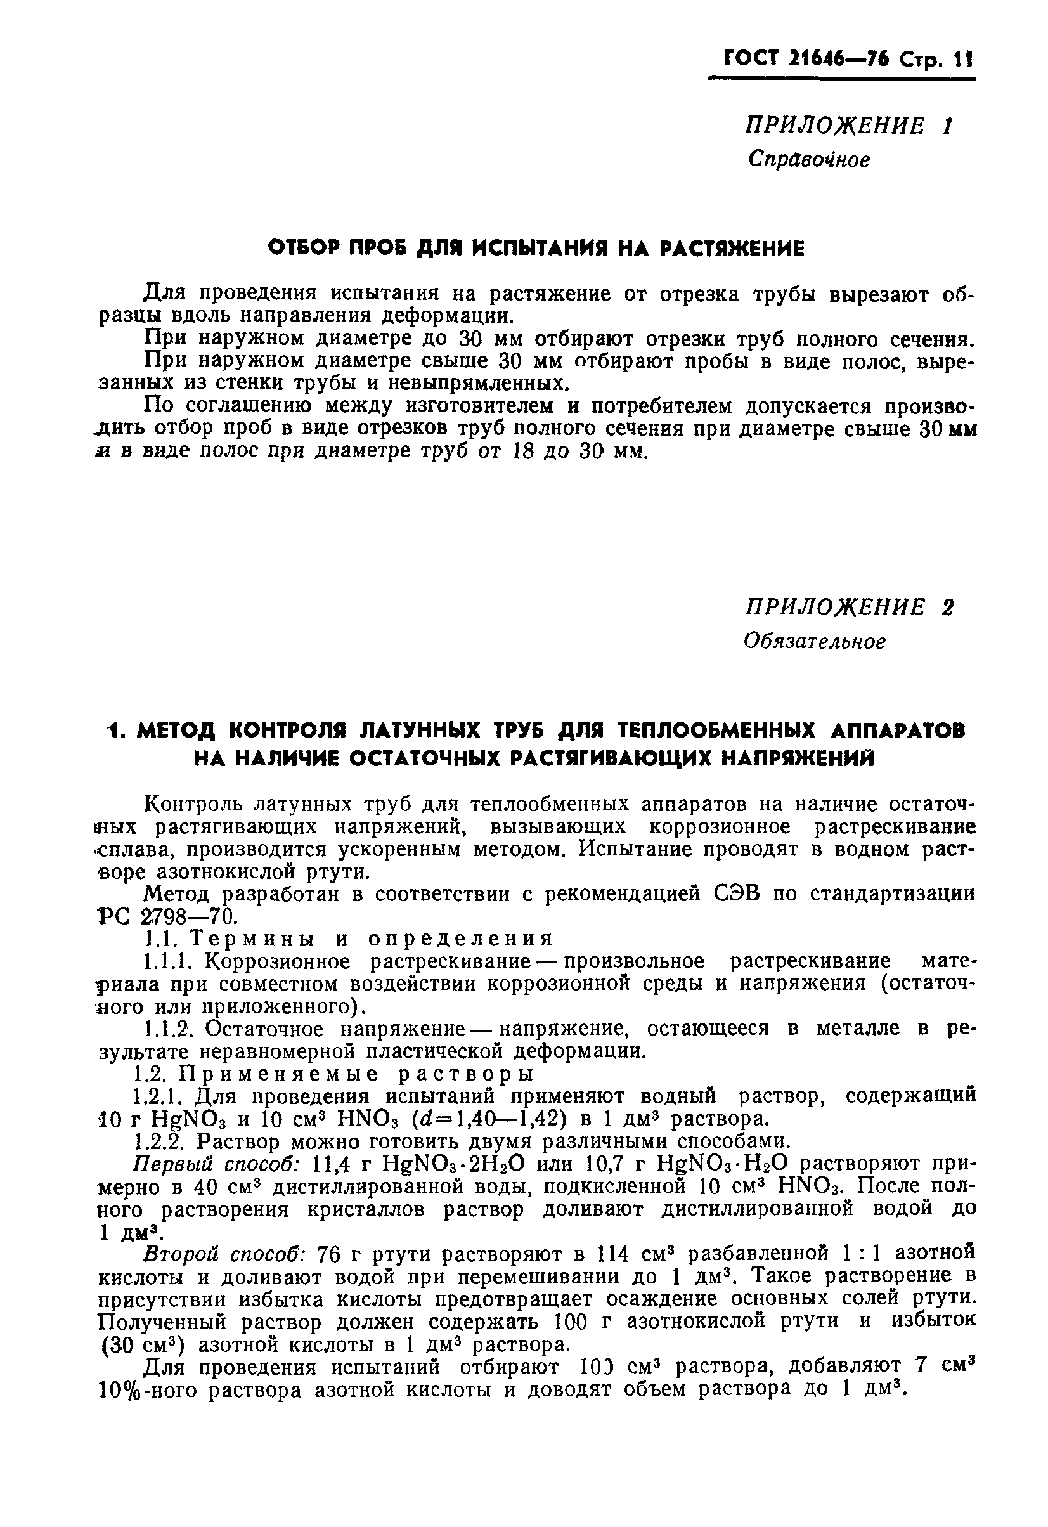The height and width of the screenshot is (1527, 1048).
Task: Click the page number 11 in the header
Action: tap(963, 60)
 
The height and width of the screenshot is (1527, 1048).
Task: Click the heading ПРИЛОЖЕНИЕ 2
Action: tap(849, 606)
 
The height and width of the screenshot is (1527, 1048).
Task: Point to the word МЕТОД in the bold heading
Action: tap(176, 730)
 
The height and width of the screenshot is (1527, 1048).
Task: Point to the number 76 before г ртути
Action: tap(329, 1254)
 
